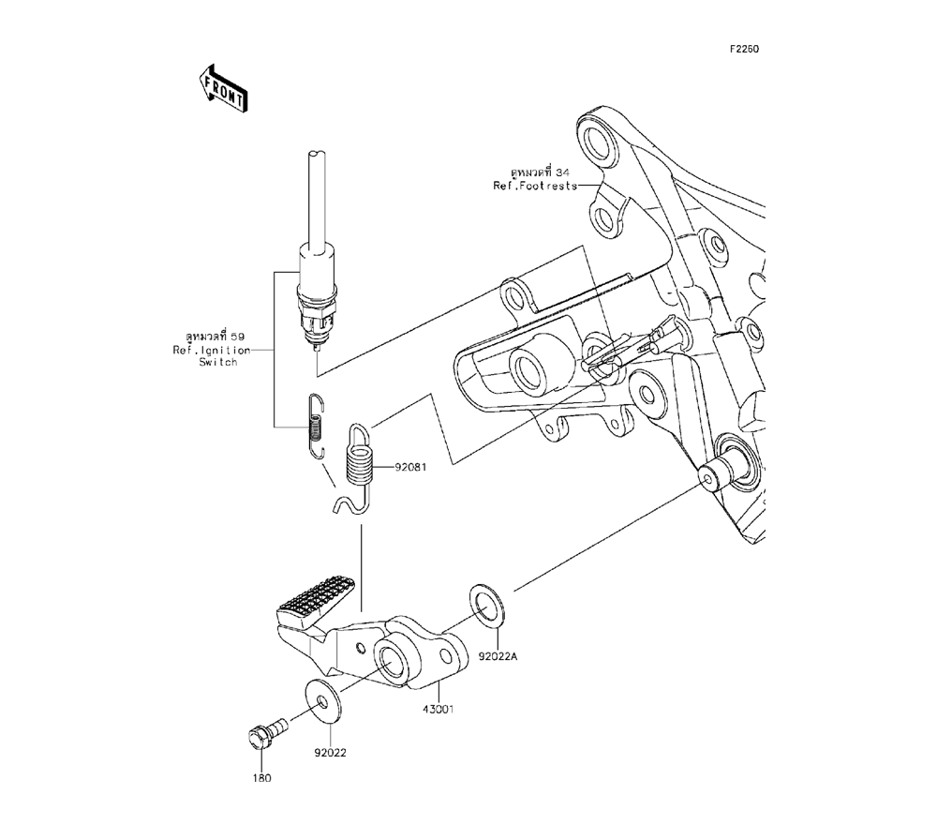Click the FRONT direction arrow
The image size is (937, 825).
tap(223, 88)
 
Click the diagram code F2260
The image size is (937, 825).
tap(743, 49)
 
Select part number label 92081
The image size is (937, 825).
tap(410, 467)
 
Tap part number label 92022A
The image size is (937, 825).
tap(498, 656)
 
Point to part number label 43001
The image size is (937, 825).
tap(438, 710)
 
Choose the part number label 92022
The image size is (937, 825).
tap(331, 753)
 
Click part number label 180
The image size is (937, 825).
tap(261, 778)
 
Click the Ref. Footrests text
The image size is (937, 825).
tap(535, 186)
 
